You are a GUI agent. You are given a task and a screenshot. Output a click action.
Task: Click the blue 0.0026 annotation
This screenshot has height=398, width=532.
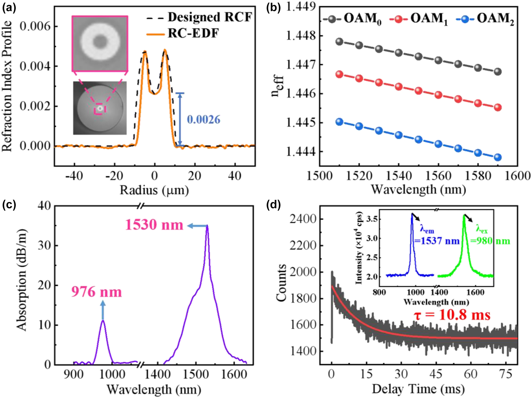tap(204, 119)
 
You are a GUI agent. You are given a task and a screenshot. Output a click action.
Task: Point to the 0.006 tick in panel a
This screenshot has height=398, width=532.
tap(35, 26)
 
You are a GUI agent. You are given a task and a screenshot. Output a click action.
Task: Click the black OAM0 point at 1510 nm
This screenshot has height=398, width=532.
tap(339, 42)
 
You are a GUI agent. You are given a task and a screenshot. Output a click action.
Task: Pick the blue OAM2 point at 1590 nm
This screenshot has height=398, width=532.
tap(498, 157)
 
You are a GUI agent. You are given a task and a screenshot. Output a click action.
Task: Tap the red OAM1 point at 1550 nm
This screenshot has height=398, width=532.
tap(419, 91)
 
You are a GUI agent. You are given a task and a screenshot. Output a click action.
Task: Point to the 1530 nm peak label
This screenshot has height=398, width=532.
tap(154, 225)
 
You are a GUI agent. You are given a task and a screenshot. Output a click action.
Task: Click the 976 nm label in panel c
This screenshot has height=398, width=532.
tap(96, 292)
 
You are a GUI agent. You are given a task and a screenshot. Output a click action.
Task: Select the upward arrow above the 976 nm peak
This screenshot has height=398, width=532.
tap(103, 310)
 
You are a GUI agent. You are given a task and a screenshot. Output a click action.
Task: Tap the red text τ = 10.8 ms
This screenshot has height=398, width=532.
tap(452, 315)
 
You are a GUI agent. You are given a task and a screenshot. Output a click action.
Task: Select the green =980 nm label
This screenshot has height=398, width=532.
tap(490, 241)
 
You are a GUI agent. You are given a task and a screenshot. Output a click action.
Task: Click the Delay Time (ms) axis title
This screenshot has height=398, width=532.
tap(418, 389)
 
